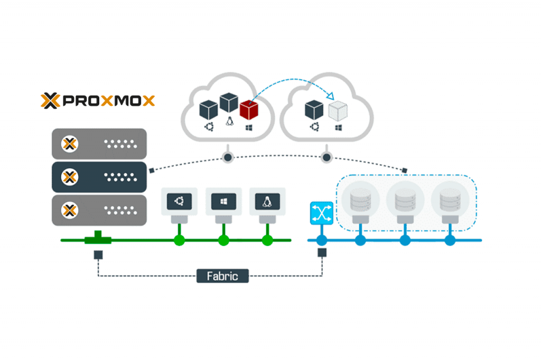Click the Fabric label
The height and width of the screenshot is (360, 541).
coord(222,276)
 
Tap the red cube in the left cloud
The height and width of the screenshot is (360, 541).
coord(248,110)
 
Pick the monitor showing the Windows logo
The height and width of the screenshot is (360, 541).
coord(223,201)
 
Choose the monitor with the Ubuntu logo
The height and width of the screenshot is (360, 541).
coord(179,201)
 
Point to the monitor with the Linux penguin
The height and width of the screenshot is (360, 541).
coord(267,201)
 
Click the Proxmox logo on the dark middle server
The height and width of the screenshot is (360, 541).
coord(69,176)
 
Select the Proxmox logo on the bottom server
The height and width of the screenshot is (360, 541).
coord(69,210)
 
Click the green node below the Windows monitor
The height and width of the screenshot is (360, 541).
coord(223,241)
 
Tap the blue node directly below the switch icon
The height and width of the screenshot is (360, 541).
coord(320,241)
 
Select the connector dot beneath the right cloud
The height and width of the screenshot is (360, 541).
coord(325,157)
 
